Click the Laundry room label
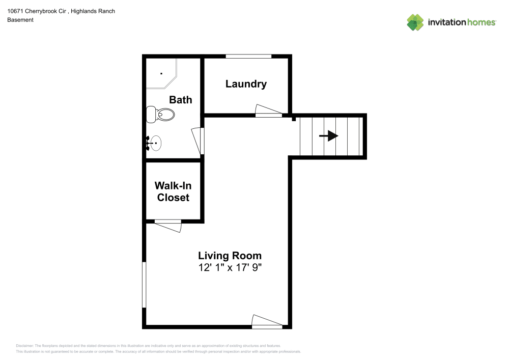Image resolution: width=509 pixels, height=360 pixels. pos(246,84)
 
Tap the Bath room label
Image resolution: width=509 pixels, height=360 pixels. pos(181,99)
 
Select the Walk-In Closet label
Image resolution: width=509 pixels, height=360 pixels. pos(173,191)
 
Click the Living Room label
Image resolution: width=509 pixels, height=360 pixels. pos(230,255)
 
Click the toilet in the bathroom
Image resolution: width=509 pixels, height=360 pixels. pos(160,115)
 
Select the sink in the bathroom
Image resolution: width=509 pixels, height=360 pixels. pos(154,144)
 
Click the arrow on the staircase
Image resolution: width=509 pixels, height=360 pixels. pos(329,136)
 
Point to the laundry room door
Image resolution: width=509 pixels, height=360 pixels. pos(268,112)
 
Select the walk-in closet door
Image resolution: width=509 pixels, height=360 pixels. pos(168,225)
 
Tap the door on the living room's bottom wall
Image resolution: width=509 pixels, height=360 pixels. pos(267,322)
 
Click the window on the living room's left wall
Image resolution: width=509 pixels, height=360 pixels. pos(144,285)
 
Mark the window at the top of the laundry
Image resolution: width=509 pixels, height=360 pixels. pos(248,56)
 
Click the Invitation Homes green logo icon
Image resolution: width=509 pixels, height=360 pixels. pos(415,22)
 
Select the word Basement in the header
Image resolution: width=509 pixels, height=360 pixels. pos(20,20)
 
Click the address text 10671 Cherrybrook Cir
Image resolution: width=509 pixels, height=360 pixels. pos(36,11)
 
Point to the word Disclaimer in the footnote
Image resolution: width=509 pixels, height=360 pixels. pos(24,345)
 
